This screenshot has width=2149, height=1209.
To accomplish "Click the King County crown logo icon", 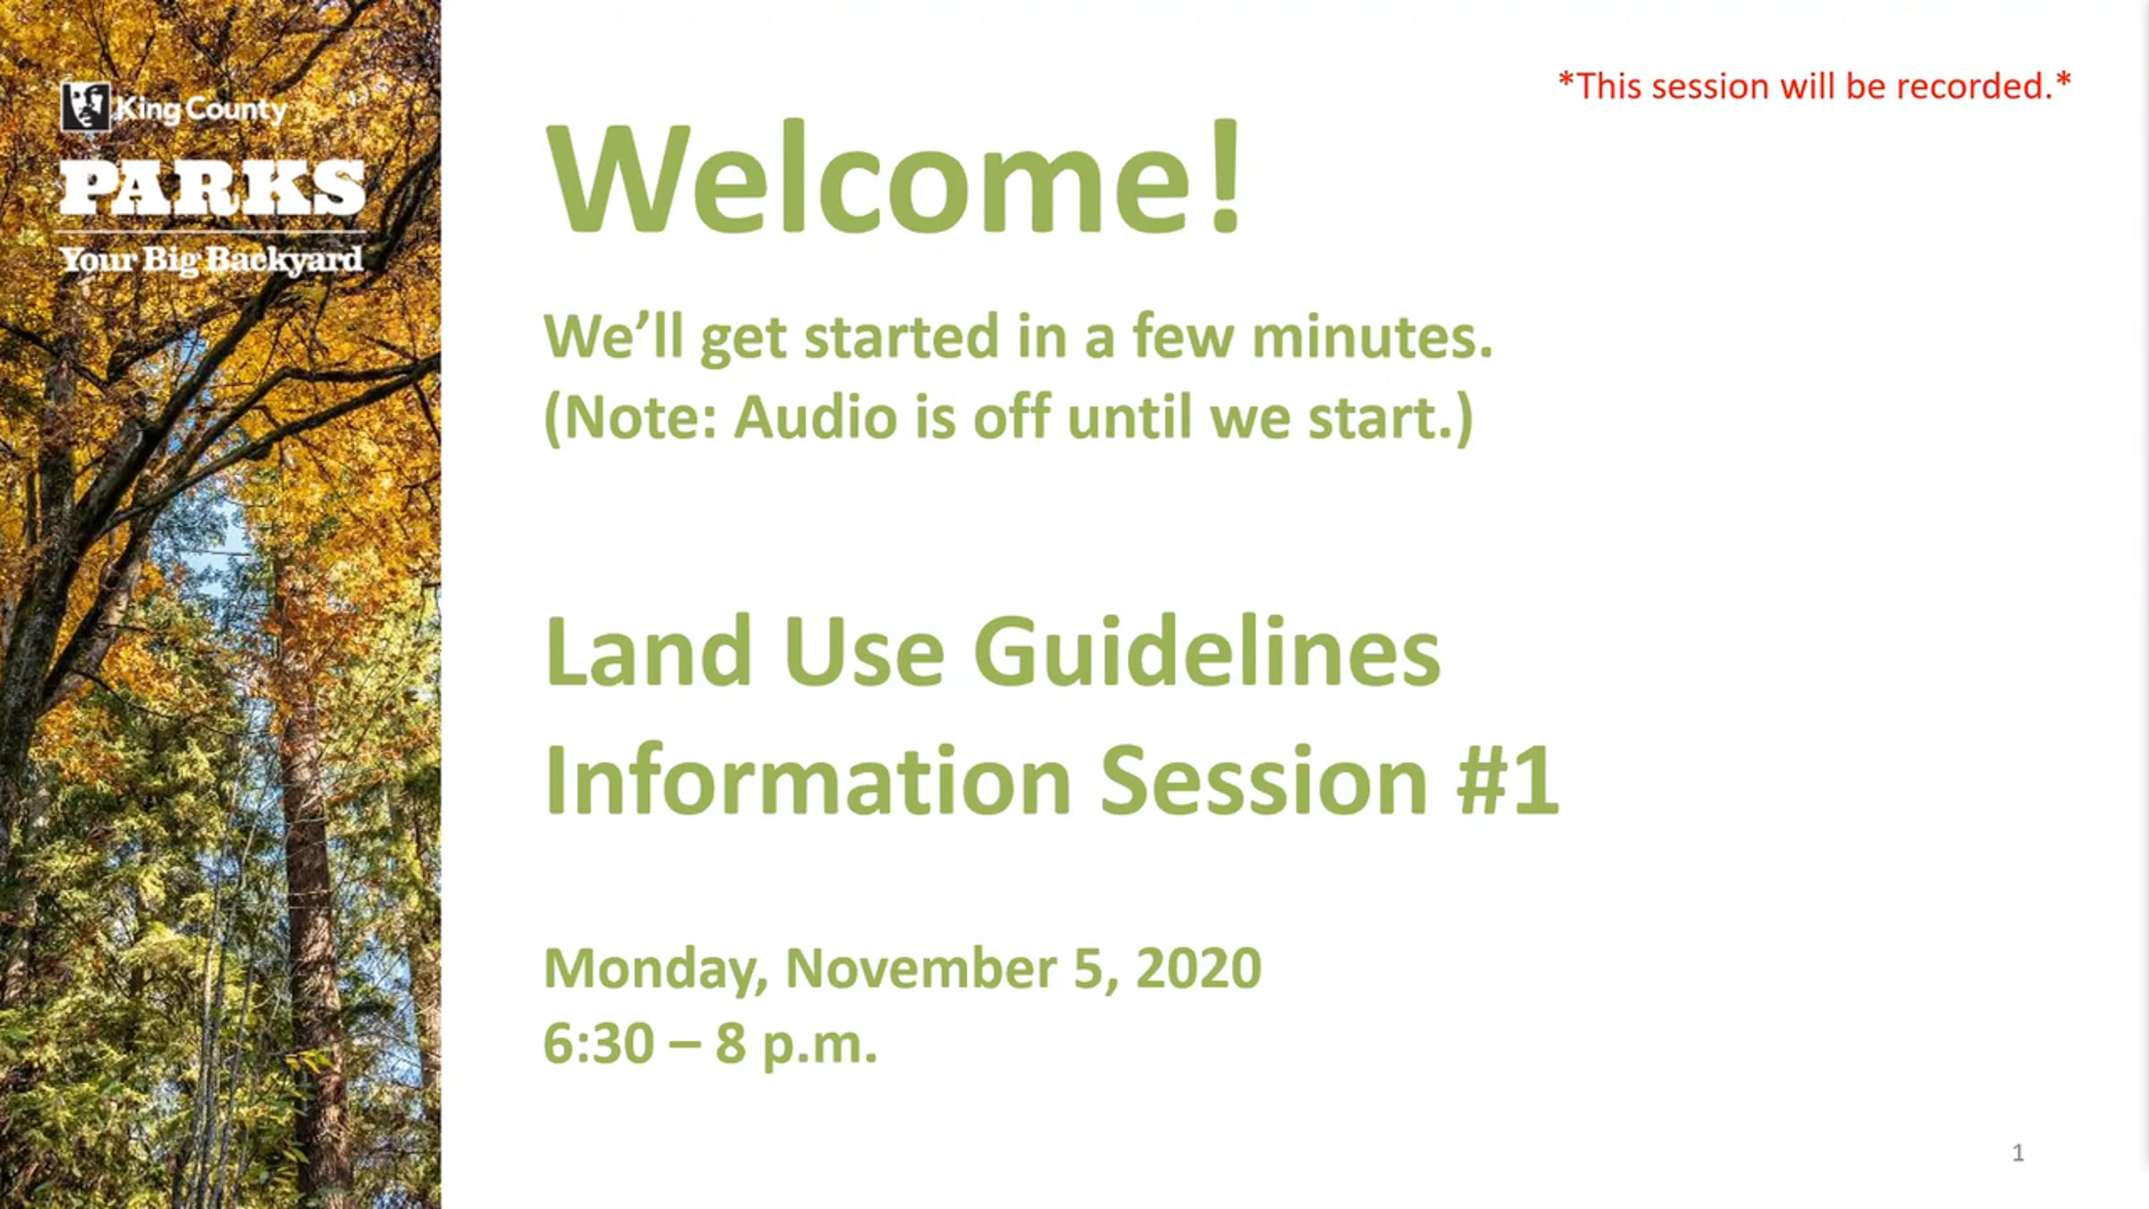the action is point(86,107).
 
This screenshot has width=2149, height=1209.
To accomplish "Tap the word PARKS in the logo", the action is point(213,188).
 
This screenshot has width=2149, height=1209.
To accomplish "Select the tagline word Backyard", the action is point(284,261).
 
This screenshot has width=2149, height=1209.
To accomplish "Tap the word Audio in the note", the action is point(815,417).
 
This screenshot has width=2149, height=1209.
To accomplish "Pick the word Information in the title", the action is point(808,779).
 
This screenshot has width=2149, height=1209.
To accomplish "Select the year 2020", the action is point(1198,968).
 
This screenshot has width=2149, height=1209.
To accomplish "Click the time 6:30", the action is point(598,1043).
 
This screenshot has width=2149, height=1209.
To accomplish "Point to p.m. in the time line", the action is point(819,1047).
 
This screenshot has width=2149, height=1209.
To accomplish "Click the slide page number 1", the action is point(2017,1153).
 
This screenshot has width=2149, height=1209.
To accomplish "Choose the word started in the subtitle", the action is point(901,337).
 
